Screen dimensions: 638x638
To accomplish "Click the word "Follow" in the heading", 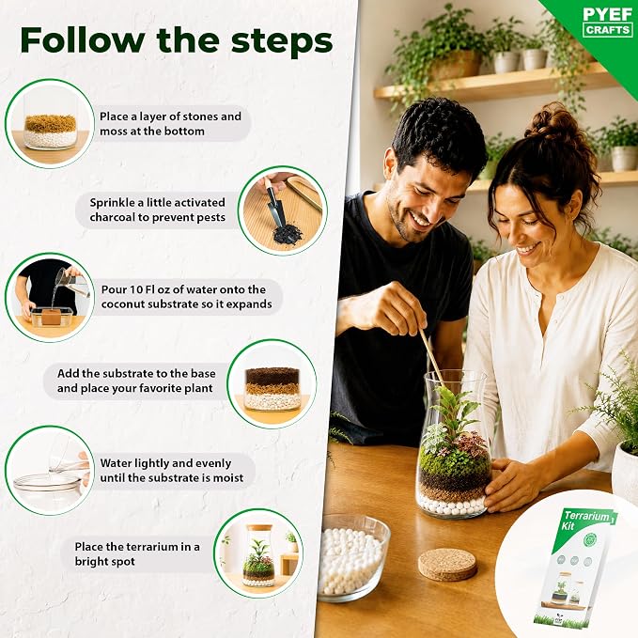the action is pos(82,40).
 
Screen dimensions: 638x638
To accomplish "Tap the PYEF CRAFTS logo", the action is pos(608,22).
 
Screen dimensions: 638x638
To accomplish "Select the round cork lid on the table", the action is pos(447,565).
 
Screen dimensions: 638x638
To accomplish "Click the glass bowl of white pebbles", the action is pos(353,556).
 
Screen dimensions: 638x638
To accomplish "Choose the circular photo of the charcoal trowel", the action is pos(283,210).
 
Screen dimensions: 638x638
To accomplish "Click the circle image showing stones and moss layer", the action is pos(50,124).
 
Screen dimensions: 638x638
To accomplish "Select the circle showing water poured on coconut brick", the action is pos(50,298).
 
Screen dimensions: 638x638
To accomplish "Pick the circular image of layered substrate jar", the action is pos(272,384).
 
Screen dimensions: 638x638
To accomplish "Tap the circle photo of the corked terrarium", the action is pos(258,553).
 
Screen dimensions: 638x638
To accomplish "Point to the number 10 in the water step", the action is pos(135,289).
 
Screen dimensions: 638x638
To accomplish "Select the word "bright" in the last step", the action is pos(92,562).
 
